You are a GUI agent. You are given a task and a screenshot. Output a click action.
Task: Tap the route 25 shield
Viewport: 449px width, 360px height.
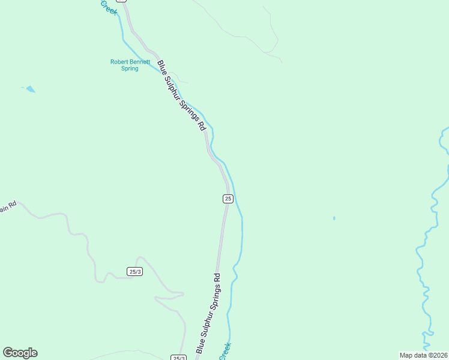[x=228, y=199]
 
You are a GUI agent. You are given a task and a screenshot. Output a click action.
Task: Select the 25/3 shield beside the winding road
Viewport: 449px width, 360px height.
[x=135, y=272]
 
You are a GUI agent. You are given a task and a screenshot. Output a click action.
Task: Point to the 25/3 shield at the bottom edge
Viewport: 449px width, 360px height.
[x=179, y=358]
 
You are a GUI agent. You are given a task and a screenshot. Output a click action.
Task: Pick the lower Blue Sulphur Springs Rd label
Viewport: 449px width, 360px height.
[x=208, y=314]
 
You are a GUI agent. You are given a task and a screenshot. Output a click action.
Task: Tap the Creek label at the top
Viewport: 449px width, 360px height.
[x=109, y=7]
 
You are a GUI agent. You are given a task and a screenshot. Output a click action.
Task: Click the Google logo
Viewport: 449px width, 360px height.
[x=20, y=353]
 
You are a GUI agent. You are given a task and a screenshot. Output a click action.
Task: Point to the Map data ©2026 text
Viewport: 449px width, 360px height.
[x=423, y=355]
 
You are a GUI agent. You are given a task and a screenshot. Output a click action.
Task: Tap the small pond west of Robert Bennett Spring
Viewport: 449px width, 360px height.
[x=29, y=89]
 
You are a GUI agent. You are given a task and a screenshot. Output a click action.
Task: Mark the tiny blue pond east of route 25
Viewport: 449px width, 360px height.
[x=334, y=218]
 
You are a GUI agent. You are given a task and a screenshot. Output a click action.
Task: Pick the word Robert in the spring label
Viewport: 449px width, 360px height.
[x=119, y=61]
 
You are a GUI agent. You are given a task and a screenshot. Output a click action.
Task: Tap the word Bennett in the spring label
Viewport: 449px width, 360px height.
[x=139, y=61]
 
